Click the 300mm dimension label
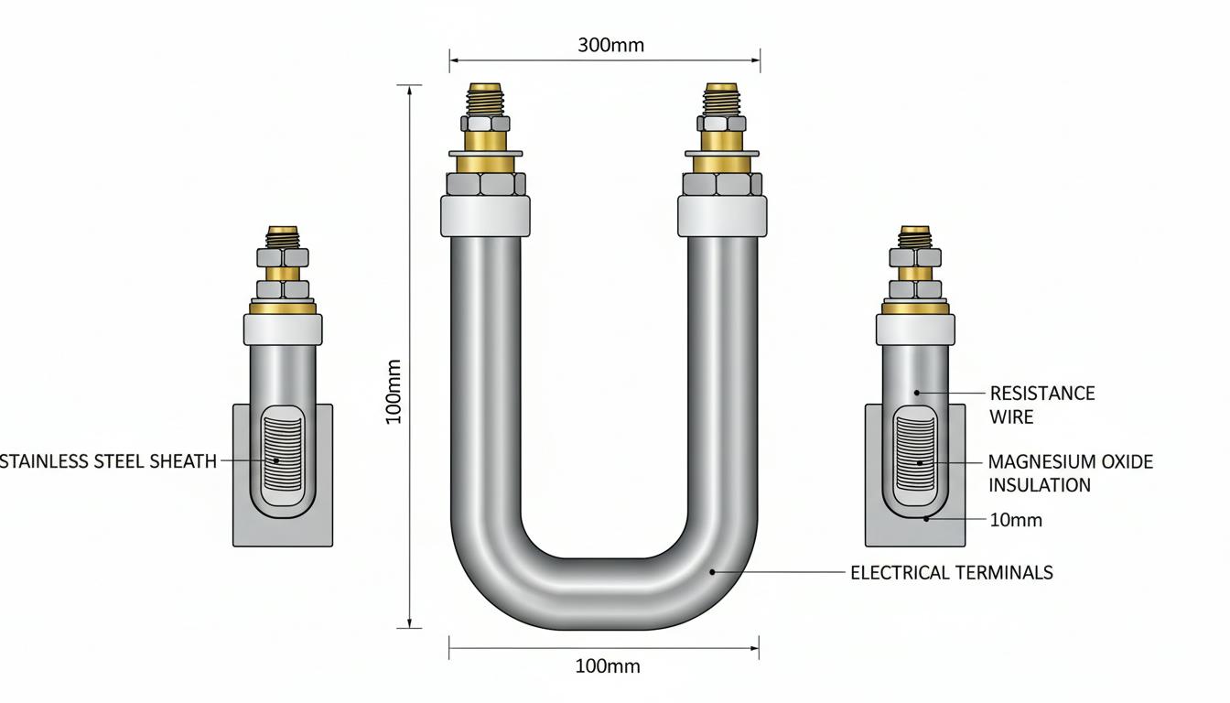coord(610,45)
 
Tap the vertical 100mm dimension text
coord(394,392)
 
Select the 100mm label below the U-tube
coord(608,666)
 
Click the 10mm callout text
coord(1016,520)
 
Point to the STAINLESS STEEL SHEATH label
coord(108,461)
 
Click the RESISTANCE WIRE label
coord(1042,405)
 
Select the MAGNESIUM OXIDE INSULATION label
coord(1070,473)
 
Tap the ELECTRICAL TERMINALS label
coord(952,573)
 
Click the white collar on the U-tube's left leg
coord(485,216)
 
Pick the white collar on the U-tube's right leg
coord(722,216)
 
